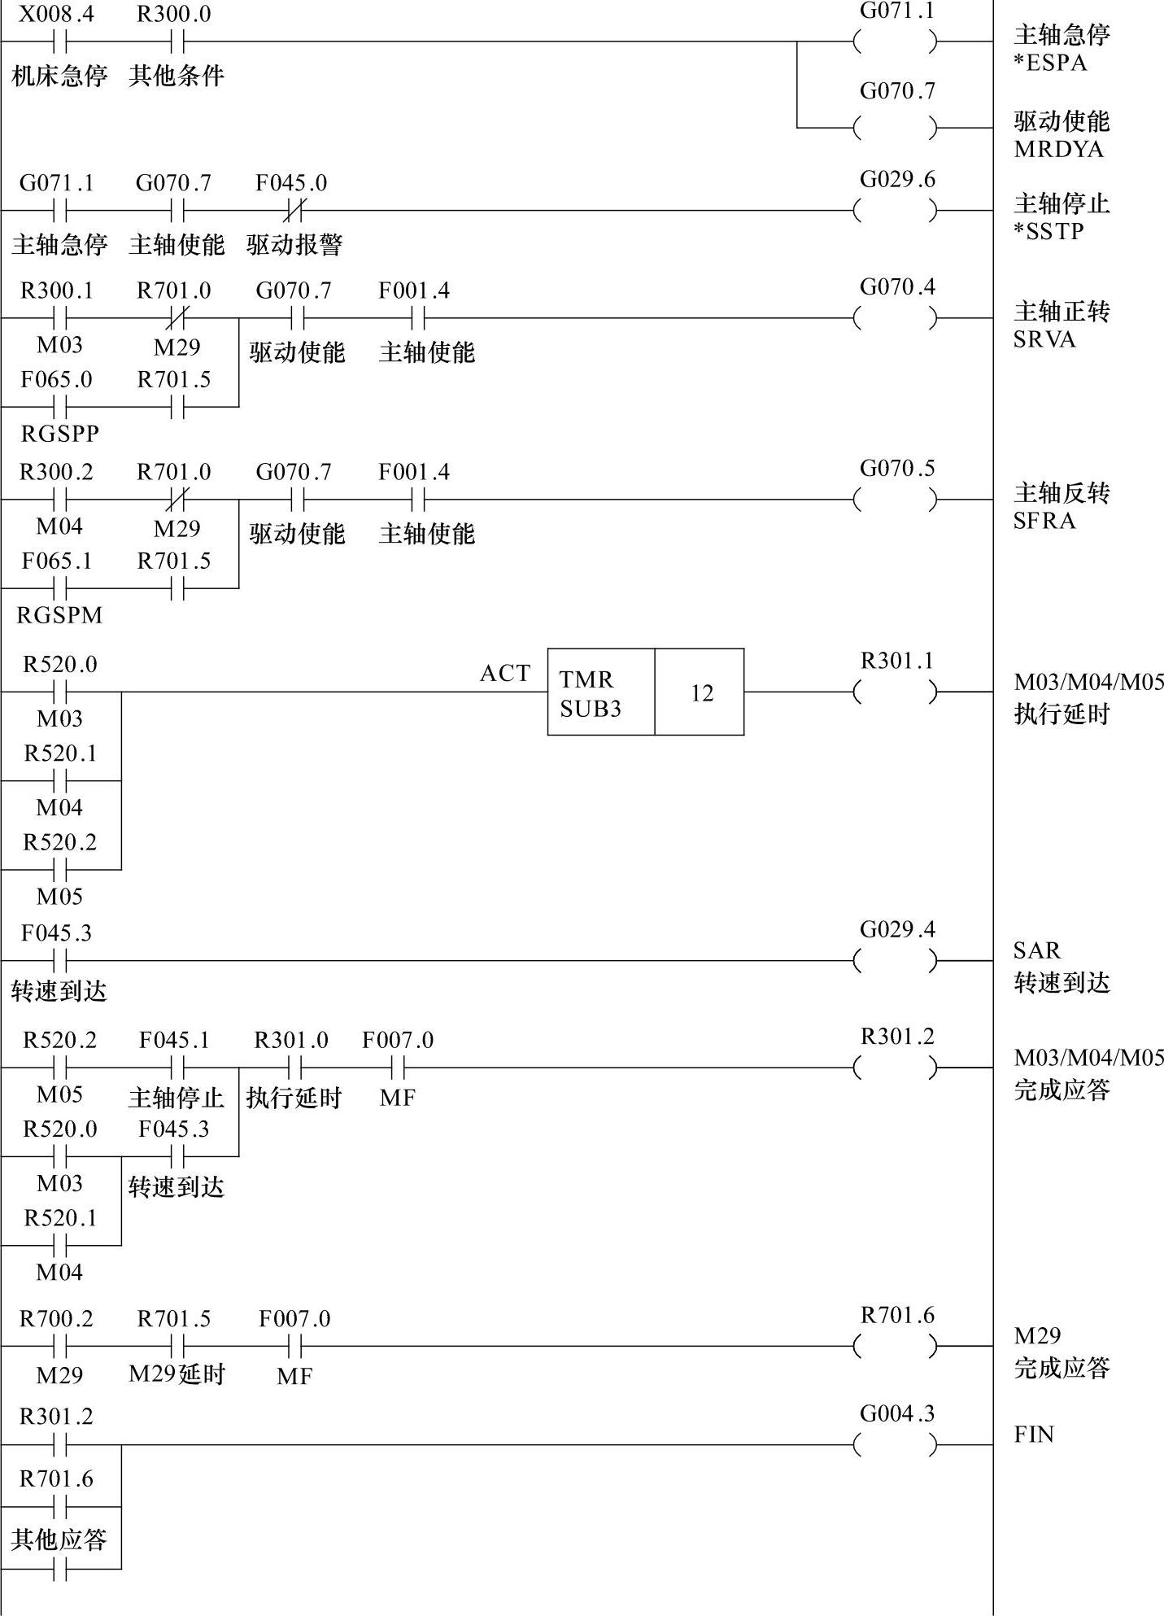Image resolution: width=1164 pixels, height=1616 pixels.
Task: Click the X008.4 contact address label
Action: click(x=56, y=14)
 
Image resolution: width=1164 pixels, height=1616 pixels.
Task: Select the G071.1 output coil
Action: click(x=896, y=41)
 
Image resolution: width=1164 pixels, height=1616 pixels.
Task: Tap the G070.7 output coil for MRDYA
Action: click(x=896, y=128)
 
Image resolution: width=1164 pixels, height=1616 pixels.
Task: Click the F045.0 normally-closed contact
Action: click(x=292, y=212)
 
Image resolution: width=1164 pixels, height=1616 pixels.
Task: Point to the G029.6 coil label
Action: click(x=897, y=179)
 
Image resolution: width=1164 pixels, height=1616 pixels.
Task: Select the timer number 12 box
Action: click(x=700, y=692)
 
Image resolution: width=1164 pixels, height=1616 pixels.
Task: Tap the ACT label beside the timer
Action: click(x=504, y=673)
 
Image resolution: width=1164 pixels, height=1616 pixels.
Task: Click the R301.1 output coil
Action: click(x=896, y=692)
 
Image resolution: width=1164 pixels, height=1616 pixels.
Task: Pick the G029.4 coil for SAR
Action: click(x=896, y=961)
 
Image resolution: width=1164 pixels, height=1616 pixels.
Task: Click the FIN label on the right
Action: click(x=1033, y=1434)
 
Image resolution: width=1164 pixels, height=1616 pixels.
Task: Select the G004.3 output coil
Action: click(x=896, y=1445)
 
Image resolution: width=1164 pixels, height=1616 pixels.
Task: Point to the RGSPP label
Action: click(x=59, y=434)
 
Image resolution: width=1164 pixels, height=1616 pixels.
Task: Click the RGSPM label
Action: click(x=59, y=615)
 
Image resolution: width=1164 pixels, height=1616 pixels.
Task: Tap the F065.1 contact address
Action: click(x=56, y=561)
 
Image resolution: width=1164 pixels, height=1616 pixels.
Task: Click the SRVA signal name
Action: click(x=1044, y=339)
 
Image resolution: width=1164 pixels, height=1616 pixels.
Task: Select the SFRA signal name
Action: click(x=1044, y=521)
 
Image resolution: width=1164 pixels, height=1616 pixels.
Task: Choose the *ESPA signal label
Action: click(x=1049, y=63)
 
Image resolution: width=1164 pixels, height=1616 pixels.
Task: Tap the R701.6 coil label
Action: click(x=897, y=1315)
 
